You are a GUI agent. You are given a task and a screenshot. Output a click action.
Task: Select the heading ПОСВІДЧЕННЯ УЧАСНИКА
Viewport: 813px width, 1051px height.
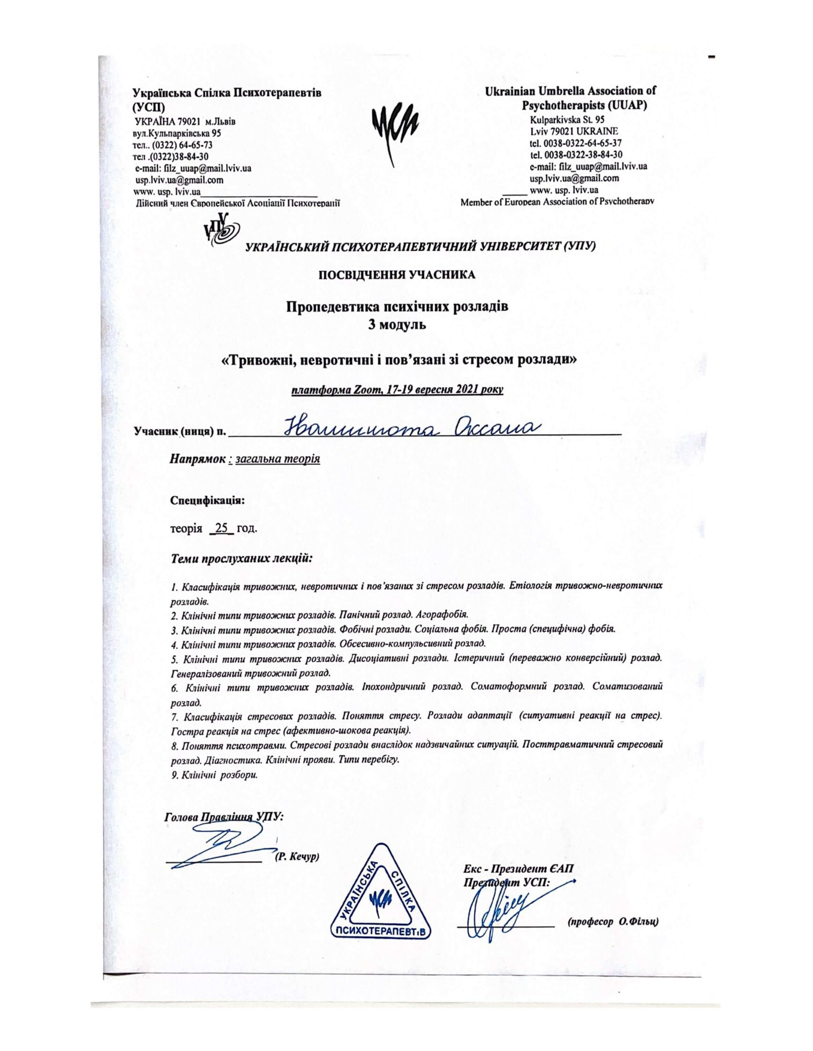[x=396, y=275]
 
